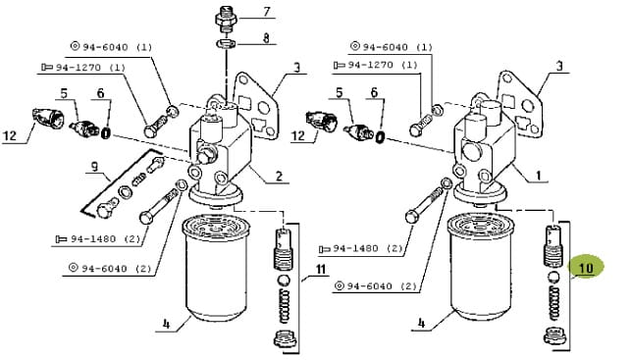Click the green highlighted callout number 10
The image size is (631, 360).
tap(586, 268)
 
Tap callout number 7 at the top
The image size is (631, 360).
tap(267, 11)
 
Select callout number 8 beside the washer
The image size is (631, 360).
tap(266, 38)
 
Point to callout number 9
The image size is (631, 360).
tap(94, 167)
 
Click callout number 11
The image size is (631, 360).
tap(321, 269)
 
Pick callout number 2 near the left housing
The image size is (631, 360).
tap(279, 176)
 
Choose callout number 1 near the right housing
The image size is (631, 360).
tap(538, 176)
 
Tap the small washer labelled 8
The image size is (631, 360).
tap(227, 43)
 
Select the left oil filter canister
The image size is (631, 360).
tap(216, 268)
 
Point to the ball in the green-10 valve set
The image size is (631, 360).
tap(554, 278)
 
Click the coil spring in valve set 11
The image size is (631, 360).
tap(285, 306)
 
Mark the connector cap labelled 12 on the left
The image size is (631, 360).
tap(48, 119)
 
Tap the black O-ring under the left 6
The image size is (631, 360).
tap(106, 133)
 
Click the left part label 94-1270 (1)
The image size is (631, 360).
tap(84, 68)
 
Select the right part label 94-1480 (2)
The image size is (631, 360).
tap(361, 249)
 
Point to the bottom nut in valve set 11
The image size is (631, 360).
tap(286, 339)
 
